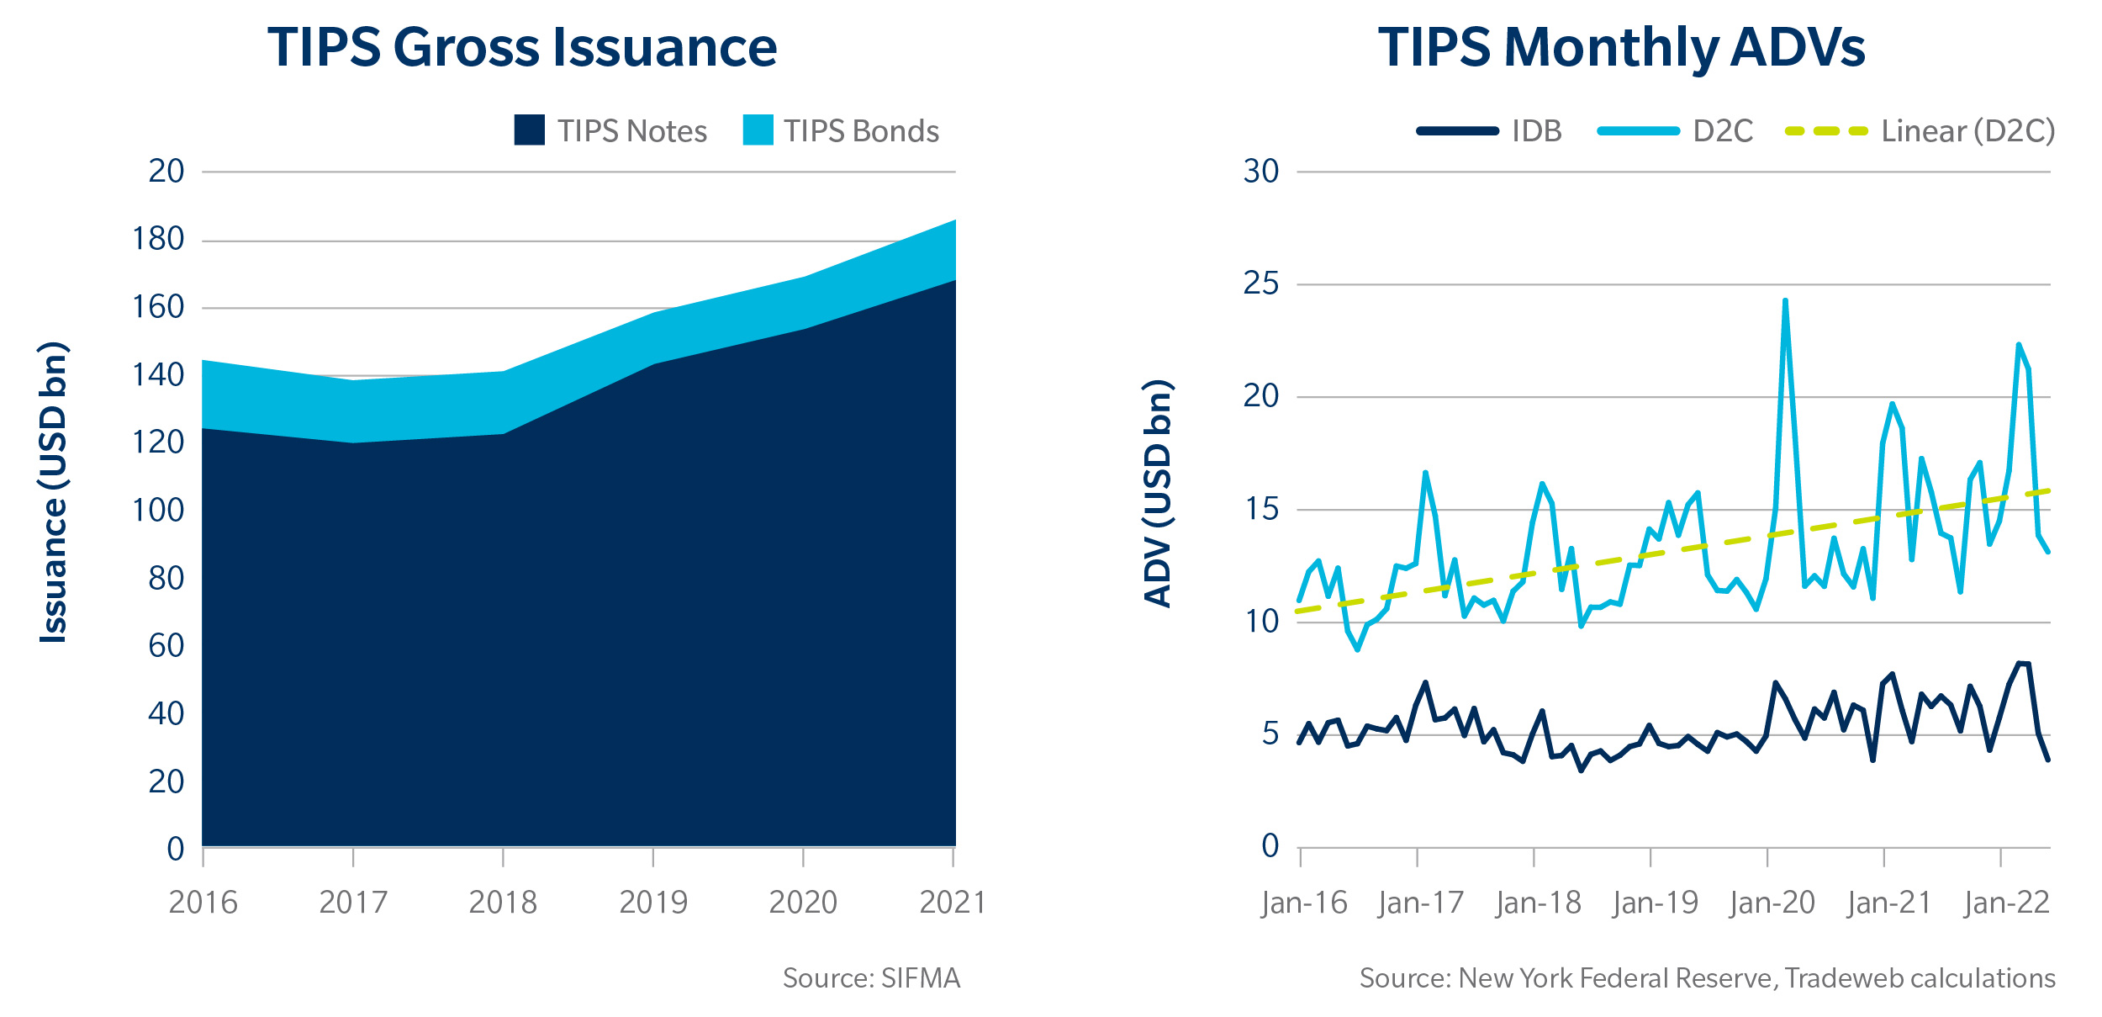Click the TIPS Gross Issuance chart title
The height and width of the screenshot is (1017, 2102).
[x=522, y=47]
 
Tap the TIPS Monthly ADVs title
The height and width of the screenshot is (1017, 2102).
[x=1621, y=47]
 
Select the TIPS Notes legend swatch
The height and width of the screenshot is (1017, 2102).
[x=529, y=130]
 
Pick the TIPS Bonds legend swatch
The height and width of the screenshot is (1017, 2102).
[x=758, y=130]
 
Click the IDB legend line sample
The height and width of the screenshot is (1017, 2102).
[x=1457, y=131]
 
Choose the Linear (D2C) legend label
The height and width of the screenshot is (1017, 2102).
[x=1967, y=131]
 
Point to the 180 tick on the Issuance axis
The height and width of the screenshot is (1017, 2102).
[x=158, y=240]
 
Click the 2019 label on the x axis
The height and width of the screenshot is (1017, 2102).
[x=653, y=903]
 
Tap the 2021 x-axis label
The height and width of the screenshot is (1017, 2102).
[x=953, y=903]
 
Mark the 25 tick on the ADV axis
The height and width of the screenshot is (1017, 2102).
[x=1260, y=284]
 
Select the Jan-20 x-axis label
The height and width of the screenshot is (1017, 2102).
[x=1772, y=903]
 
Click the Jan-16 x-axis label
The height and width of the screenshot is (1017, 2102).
[x=1304, y=903]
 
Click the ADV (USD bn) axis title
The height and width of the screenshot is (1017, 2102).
[x=1158, y=493]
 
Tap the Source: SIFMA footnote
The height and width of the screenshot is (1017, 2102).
[x=871, y=978]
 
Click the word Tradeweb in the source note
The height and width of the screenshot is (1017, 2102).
[x=1834, y=978]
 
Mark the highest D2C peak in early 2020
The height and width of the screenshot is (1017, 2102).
[x=1784, y=301]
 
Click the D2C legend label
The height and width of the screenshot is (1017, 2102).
[x=1723, y=131]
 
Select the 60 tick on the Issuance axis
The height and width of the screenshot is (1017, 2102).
[x=166, y=646]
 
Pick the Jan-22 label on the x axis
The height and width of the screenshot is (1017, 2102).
[x=2006, y=903]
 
